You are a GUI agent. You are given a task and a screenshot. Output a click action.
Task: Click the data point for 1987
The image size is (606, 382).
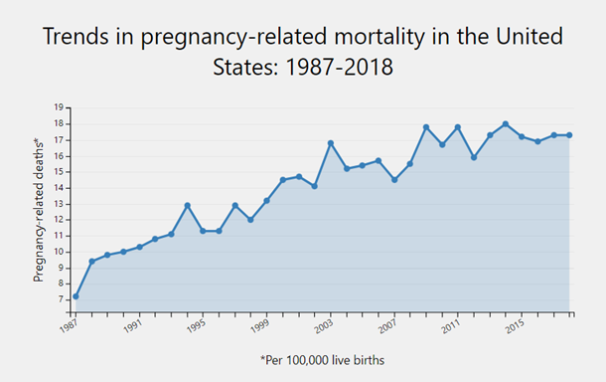point(76,296)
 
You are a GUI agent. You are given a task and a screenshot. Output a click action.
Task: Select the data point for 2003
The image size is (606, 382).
point(331,143)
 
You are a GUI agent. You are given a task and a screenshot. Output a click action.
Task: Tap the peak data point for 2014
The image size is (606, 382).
point(506,124)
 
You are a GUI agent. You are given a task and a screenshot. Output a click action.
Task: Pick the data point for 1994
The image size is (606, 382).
point(187,205)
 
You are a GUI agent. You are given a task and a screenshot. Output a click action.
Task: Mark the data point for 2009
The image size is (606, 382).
point(426,127)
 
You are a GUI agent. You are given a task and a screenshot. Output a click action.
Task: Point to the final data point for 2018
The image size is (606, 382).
point(569,135)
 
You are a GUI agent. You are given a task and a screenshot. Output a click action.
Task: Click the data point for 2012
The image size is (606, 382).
point(474,157)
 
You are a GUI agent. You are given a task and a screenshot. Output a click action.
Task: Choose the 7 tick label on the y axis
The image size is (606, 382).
point(62,298)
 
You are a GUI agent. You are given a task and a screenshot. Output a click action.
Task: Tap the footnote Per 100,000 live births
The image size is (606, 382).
point(322,359)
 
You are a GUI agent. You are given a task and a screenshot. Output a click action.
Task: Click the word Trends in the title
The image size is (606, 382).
point(82,38)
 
